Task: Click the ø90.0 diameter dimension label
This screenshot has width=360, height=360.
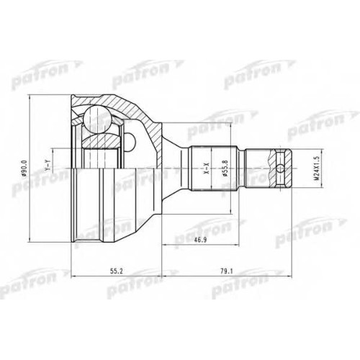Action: [24, 168]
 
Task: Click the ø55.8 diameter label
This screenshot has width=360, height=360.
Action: [225, 168]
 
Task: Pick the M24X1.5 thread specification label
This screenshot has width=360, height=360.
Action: [317, 168]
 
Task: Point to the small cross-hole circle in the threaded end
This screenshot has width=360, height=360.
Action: [281, 168]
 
